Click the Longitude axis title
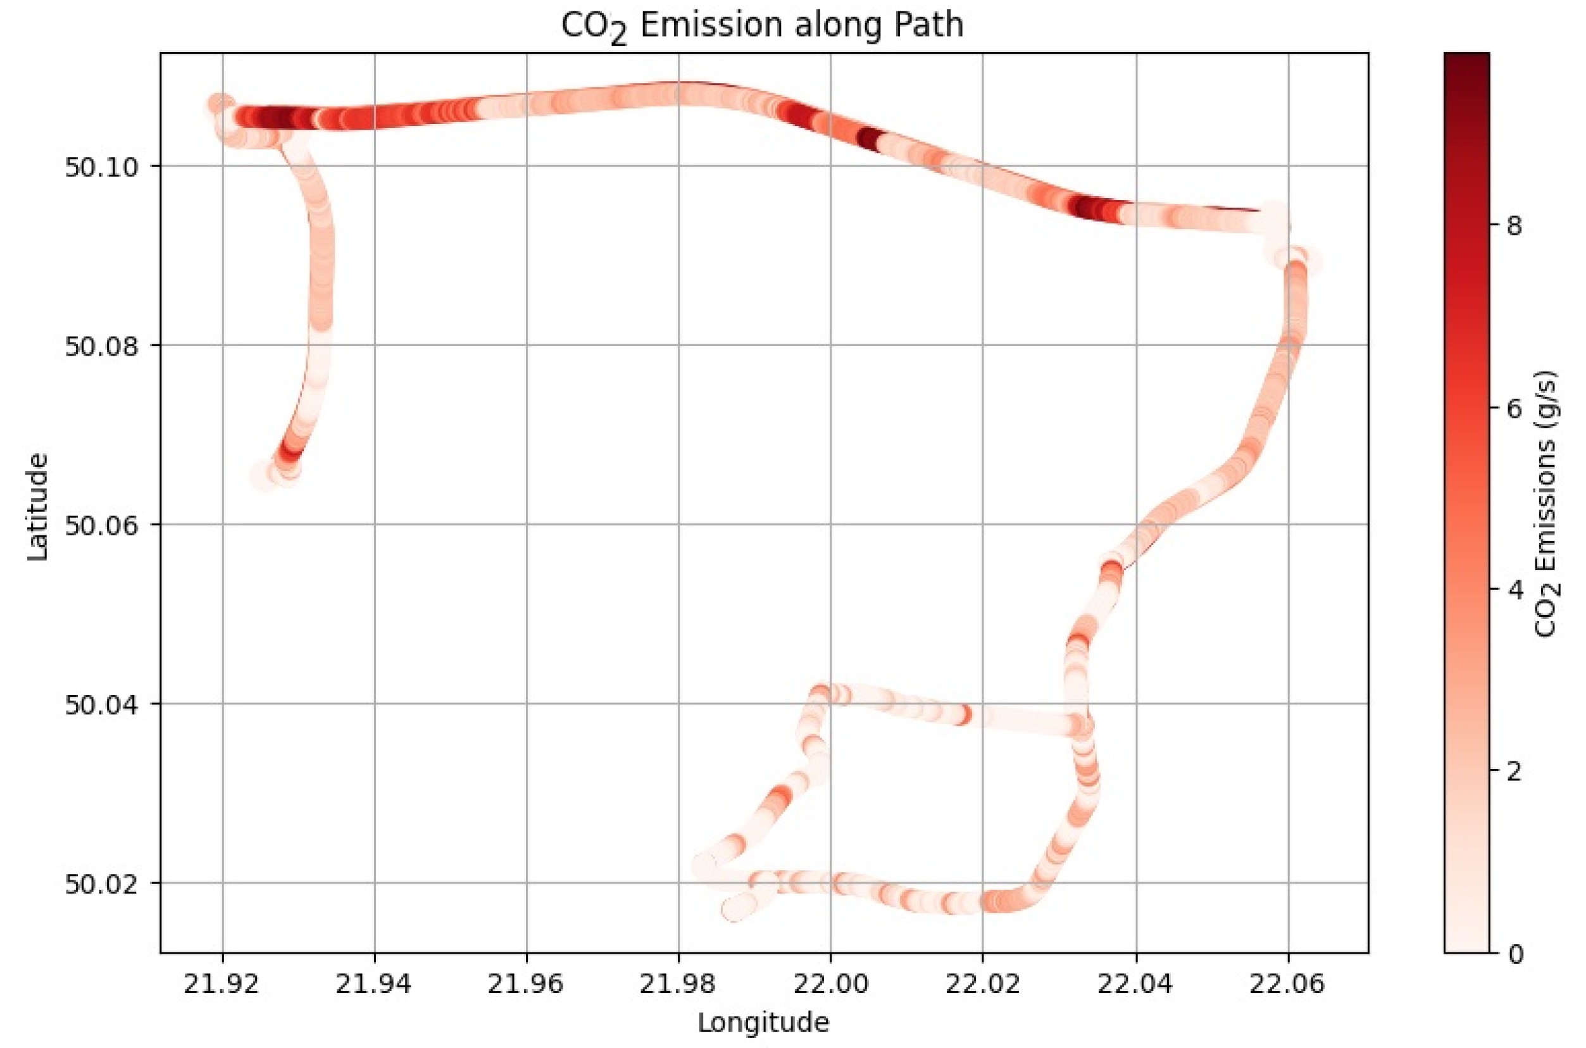(763, 1023)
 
